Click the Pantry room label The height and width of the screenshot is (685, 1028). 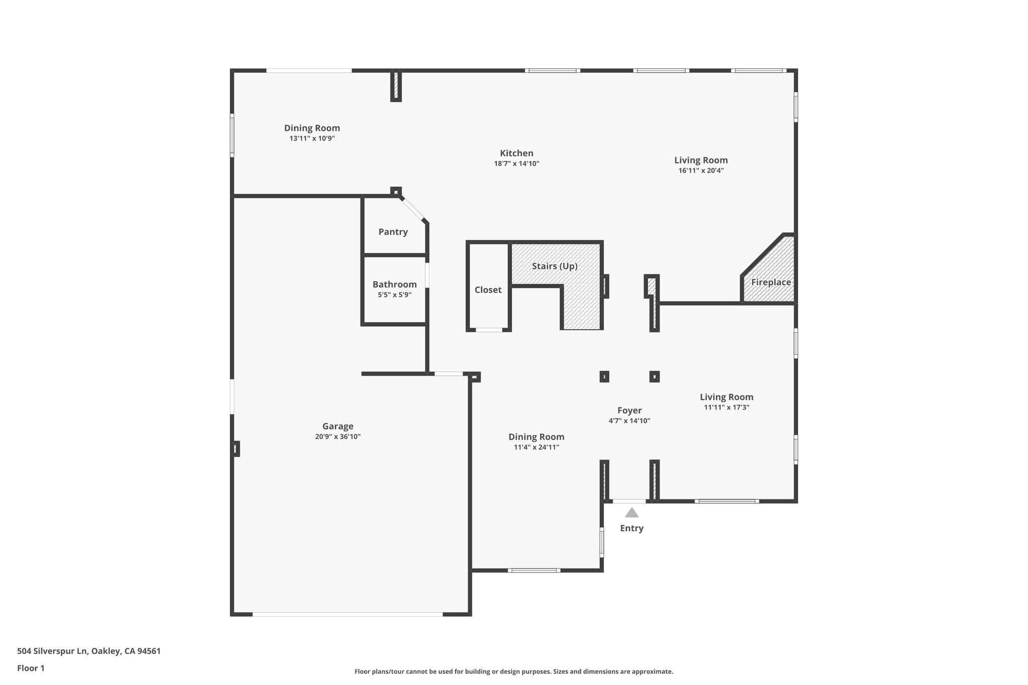[393, 232]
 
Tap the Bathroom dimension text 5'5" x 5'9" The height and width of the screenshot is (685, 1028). [395, 295]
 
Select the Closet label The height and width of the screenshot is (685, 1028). [488, 290]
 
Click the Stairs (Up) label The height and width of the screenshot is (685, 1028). [555, 266]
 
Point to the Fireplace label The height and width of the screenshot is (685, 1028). [771, 282]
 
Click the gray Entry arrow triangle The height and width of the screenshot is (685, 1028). [631, 513]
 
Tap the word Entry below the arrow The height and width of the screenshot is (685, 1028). [631, 528]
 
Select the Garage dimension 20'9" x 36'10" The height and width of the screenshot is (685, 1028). [338, 437]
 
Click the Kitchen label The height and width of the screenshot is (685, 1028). [517, 153]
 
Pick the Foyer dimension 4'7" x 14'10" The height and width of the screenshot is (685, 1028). [629, 421]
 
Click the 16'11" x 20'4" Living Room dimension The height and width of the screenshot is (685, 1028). [701, 171]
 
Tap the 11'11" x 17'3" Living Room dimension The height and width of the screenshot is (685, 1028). [726, 407]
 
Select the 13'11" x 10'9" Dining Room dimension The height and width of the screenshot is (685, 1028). [312, 139]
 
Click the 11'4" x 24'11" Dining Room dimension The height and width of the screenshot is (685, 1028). [536, 447]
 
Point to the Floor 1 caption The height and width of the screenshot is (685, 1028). [31, 668]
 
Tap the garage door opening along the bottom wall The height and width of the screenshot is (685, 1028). [347, 614]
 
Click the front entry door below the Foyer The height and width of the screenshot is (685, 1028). [629, 501]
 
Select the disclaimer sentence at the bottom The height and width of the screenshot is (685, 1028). [513, 671]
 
